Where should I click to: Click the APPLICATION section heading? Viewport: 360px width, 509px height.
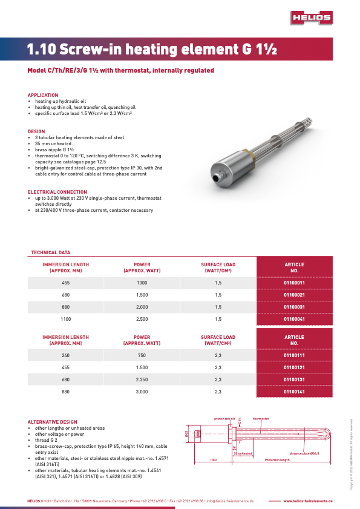pos(43,95)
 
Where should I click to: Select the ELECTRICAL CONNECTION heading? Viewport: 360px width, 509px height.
pos(57,192)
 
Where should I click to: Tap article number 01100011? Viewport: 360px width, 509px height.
pos(294,283)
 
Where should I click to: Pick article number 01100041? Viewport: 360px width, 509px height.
pos(294,318)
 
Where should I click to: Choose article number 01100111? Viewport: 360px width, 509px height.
pos(294,355)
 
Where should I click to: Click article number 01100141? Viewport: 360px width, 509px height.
pos(294,391)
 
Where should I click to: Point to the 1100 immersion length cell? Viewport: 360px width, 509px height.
pos(65,318)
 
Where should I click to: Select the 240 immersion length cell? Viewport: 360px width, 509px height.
pos(65,355)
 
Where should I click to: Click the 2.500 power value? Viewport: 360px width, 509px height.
pos(142,318)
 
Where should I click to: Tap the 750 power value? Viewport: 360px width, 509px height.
pos(142,355)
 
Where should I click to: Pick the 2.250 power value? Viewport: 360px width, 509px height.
pos(142,379)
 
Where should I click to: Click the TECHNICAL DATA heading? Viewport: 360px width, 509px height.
pos(50,252)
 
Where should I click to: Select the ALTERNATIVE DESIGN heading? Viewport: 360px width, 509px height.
pos(52,422)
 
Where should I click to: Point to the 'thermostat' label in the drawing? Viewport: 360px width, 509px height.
pos(261,418)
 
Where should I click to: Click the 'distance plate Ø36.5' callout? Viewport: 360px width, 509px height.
pos(304,453)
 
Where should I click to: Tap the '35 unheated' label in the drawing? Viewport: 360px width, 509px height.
pos(243,453)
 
